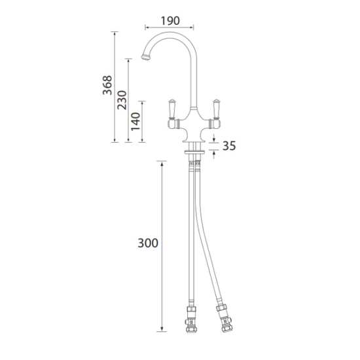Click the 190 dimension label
click(168, 20)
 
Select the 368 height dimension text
click(107, 85)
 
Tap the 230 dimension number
click(122, 99)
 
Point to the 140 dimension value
click(136, 121)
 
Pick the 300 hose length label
click(149, 243)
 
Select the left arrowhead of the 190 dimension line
click(145, 27)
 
